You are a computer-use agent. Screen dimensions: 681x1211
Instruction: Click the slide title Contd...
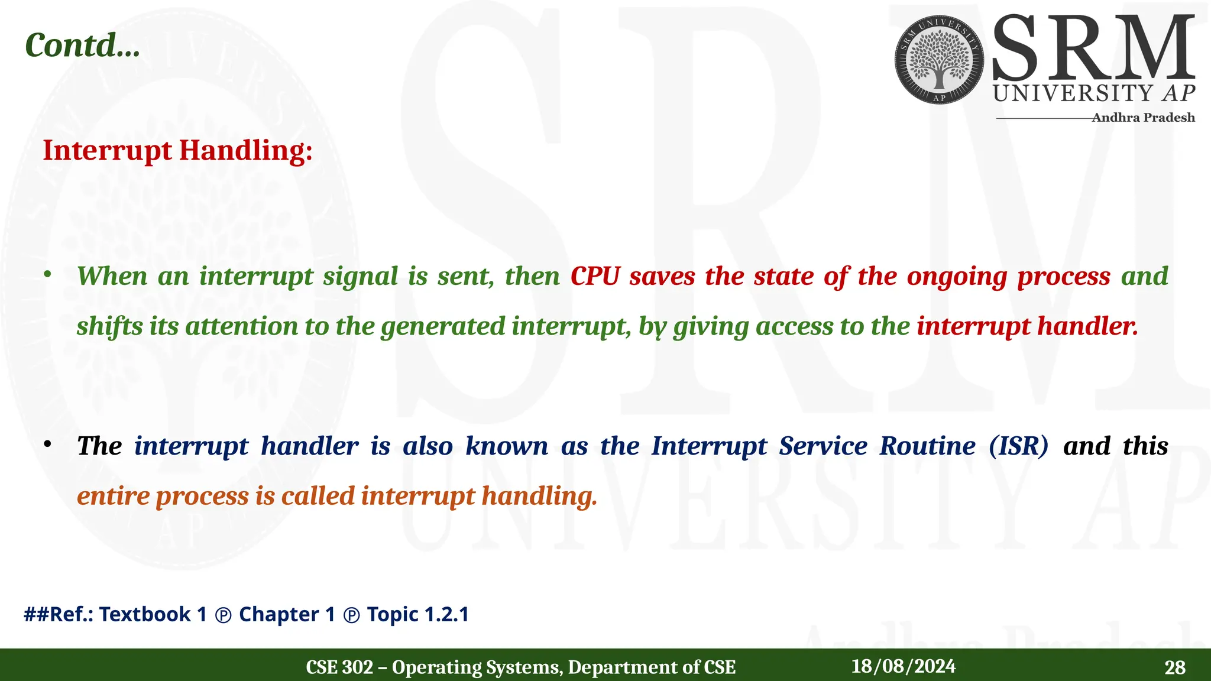click(x=82, y=46)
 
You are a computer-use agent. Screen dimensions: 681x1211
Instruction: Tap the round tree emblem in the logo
click(x=939, y=60)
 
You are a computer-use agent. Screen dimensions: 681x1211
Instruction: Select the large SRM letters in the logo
click(x=1093, y=49)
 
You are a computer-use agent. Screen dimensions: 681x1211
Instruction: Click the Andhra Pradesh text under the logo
click(x=1142, y=118)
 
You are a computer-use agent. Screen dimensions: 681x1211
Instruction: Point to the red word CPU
click(x=595, y=277)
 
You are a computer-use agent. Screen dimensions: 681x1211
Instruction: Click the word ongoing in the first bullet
click(x=956, y=277)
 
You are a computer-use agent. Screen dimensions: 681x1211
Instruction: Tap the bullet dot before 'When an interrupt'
click(x=48, y=274)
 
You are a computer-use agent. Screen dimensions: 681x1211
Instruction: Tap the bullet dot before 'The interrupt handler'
click(x=48, y=444)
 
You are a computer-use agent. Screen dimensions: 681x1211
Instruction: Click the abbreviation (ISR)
click(x=1018, y=446)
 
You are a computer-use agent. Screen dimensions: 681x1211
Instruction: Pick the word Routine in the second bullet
click(x=927, y=446)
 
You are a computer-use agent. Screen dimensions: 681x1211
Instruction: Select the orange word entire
click(x=113, y=496)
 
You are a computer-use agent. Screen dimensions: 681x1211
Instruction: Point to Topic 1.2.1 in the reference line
click(x=417, y=614)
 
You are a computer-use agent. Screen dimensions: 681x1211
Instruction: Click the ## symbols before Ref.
click(x=35, y=614)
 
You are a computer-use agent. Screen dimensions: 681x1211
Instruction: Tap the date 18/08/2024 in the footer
click(x=903, y=666)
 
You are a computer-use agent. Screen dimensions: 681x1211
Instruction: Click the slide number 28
click(x=1174, y=667)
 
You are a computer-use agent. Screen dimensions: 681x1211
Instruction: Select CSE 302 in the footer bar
click(x=339, y=667)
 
